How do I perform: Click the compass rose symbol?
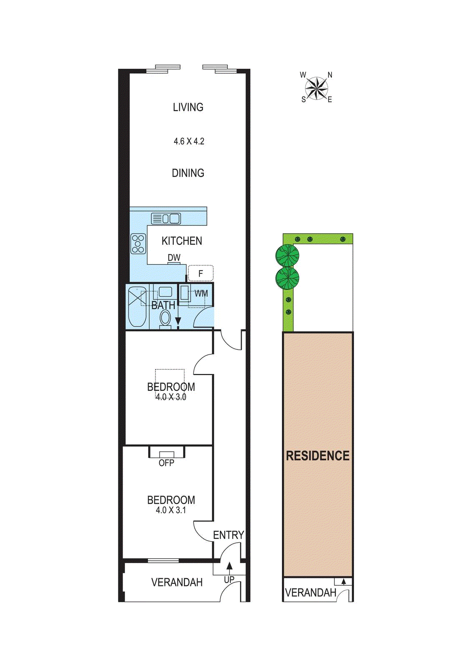click(x=316, y=88)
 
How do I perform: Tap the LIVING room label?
click(x=188, y=107)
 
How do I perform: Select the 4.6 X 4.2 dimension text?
click(x=189, y=141)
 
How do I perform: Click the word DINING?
click(x=188, y=173)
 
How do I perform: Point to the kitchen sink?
click(x=166, y=218)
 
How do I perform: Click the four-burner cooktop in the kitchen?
click(x=138, y=244)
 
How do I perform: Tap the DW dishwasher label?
click(x=174, y=258)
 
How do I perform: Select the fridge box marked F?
click(x=201, y=273)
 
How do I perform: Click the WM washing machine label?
click(x=201, y=293)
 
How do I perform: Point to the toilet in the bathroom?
click(x=165, y=319)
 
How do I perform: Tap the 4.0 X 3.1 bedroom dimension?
click(x=171, y=510)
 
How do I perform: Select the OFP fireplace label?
click(x=166, y=463)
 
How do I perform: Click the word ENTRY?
click(x=228, y=535)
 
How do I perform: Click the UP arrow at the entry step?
click(x=229, y=567)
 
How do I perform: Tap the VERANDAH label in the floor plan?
click(x=177, y=582)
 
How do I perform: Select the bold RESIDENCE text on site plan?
click(x=318, y=456)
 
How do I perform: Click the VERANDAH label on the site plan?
click(x=311, y=592)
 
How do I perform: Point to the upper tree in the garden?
click(x=287, y=255)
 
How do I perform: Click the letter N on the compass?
click(x=330, y=75)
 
